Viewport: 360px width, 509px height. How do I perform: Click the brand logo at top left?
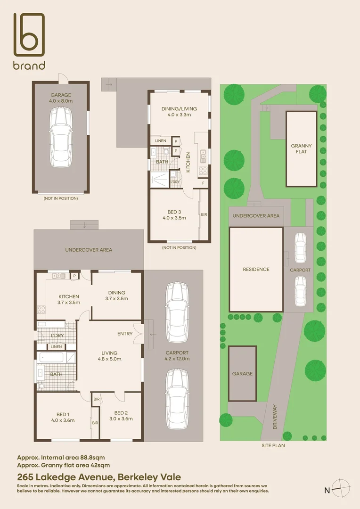pyautogui.click(x=29, y=41)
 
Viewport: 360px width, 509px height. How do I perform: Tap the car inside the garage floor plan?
pyautogui.click(x=60, y=136)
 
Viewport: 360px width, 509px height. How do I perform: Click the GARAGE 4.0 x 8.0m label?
pyautogui.click(x=61, y=98)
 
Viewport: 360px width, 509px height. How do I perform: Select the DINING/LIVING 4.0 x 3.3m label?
pyautogui.click(x=179, y=112)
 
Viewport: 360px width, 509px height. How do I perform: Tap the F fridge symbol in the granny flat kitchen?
pyautogui.click(x=203, y=183)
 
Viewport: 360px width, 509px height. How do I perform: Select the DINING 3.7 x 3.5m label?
pyautogui.click(x=116, y=296)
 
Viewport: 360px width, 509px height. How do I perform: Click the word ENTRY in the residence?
pyautogui.click(x=125, y=334)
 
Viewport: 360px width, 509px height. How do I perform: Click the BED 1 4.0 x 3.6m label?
pyautogui.click(x=63, y=418)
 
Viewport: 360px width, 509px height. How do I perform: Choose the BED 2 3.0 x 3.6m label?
pyautogui.click(x=120, y=416)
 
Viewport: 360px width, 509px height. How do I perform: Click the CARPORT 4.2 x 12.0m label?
pyautogui.click(x=177, y=355)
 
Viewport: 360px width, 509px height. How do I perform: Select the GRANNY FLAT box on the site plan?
pyautogui.click(x=302, y=149)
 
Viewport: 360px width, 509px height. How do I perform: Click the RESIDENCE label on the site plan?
pyautogui.click(x=256, y=270)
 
